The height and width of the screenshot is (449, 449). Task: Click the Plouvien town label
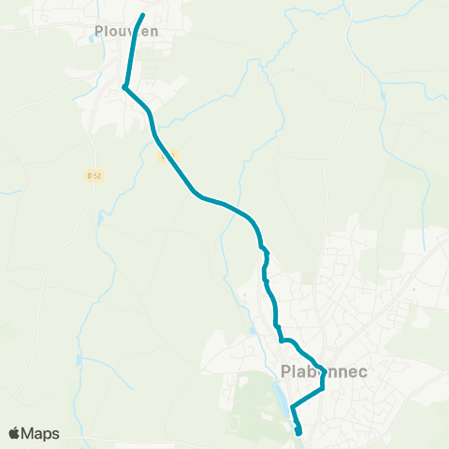click(x=127, y=31)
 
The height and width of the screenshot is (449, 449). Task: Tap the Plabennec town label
click(x=324, y=372)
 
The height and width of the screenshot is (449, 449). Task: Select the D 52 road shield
click(x=93, y=175)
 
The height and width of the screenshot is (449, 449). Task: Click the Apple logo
click(x=14, y=433)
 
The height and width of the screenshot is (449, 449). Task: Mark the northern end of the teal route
click(x=142, y=15)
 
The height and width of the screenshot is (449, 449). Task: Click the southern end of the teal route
click(x=299, y=432)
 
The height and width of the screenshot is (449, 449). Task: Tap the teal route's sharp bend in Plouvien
click(x=124, y=88)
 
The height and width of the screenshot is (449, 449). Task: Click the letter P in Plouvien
click(x=99, y=31)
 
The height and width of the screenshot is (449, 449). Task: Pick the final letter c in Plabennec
click(x=361, y=372)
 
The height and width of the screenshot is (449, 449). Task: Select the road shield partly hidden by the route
click(x=166, y=156)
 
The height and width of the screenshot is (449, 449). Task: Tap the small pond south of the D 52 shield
click(x=100, y=221)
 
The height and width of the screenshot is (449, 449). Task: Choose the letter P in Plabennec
click(x=285, y=372)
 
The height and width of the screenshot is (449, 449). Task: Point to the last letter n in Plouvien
click(x=153, y=31)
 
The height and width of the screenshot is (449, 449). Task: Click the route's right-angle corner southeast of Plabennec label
click(x=322, y=388)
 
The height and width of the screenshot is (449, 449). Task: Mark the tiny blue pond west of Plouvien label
click(x=91, y=40)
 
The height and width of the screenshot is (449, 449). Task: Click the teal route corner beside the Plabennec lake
click(x=293, y=408)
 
